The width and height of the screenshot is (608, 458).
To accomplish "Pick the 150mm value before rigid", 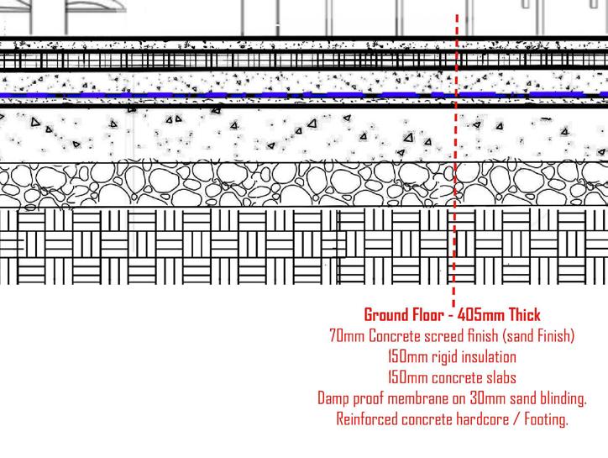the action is pyautogui.click(x=405, y=356).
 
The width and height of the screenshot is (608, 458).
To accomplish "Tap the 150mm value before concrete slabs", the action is pyautogui.click(x=406, y=376).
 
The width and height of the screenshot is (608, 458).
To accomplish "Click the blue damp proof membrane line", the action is pyautogui.click(x=252, y=96).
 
